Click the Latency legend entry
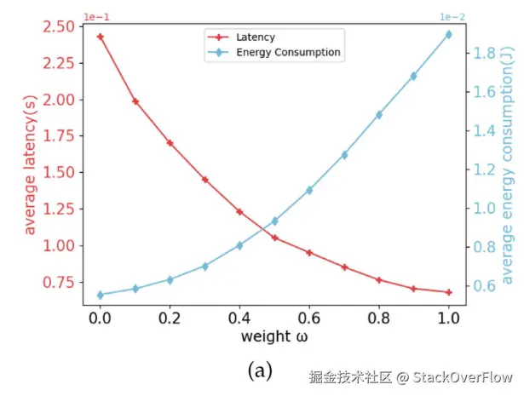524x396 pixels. [255, 38]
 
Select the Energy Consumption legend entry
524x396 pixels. [288, 53]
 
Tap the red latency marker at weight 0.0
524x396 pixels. [100, 37]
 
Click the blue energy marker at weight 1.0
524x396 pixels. [448, 35]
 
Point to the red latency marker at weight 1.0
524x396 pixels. [448, 292]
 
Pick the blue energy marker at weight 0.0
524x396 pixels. [100, 295]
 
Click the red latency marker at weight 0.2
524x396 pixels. [170, 142]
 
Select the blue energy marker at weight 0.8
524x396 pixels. [378, 114]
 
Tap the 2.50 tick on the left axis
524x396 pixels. [56, 26]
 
